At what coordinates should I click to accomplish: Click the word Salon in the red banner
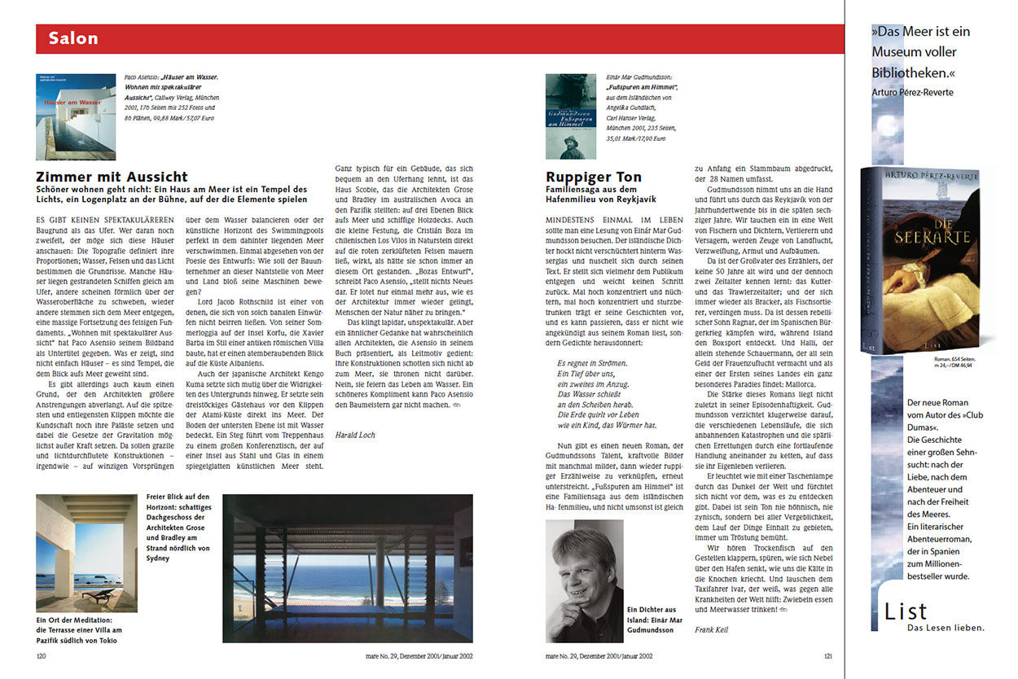pos(73,38)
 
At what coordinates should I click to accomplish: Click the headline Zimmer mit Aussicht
pos(112,177)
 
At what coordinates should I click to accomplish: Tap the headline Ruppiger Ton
pos(594,177)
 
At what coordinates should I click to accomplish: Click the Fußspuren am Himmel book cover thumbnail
pos(570,116)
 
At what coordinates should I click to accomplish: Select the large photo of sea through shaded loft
pos(348,567)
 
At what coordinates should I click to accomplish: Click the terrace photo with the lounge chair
pos(86,553)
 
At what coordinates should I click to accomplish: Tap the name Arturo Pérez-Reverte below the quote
pos(911,92)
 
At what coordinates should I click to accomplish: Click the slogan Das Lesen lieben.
pos(945,627)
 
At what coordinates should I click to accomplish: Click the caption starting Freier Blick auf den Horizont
pos(178,527)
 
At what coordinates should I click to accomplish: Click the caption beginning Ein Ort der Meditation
pos(79,630)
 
